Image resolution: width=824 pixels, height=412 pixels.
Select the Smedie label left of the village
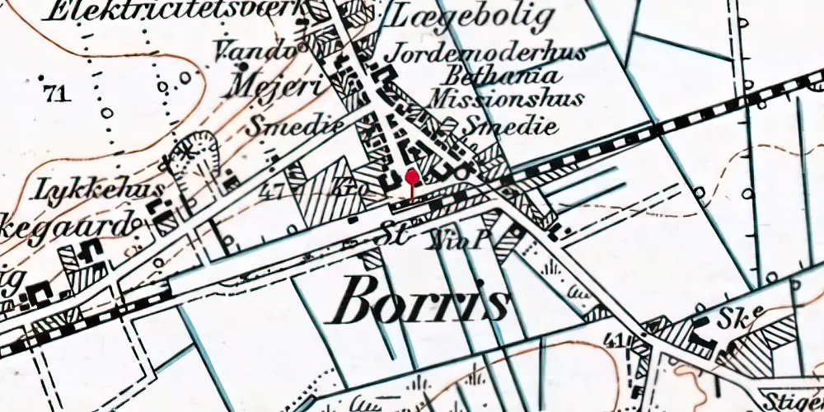(283, 127)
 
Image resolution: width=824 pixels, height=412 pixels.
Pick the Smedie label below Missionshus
(510, 126)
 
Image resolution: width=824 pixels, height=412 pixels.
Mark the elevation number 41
(611, 339)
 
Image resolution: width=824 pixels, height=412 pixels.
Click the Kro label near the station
(346, 190)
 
